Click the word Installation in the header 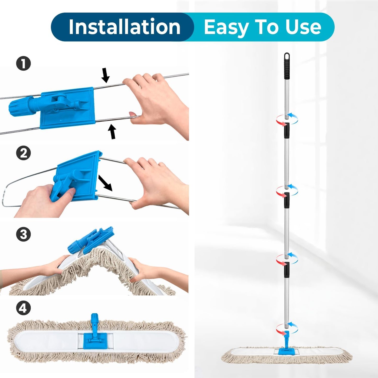click(x=125, y=27)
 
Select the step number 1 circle click(x=24, y=64)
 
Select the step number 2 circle click(x=24, y=153)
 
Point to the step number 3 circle click(x=24, y=234)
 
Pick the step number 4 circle click(x=24, y=308)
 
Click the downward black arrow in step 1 click(x=105, y=75)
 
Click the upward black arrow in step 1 click(x=112, y=131)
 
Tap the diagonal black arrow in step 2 click(x=105, y=183)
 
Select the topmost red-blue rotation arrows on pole click(x=287, y=120)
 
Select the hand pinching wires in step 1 click(x=157, y=102)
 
